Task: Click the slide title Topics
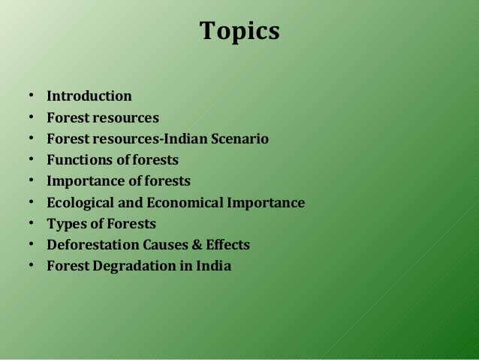pos(239,32)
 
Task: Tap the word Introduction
pos(89,96)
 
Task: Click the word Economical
pos(184,203)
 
